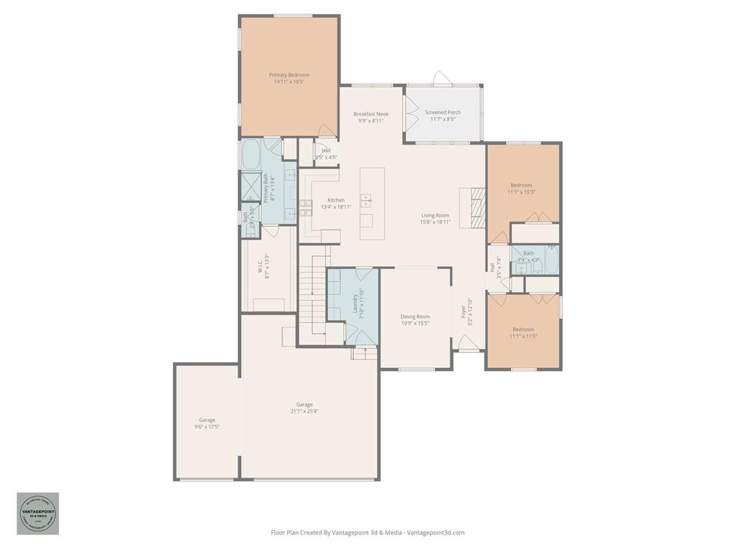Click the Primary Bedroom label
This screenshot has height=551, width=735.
pyautogui.click(x=289, y=75)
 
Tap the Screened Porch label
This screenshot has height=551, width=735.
pyautogui.click(x=443, y=113)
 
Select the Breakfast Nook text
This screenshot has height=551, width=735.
pyautogui.click(x=371, y=114)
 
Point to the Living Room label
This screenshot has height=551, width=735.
pyautogui.click(x=435, y=215)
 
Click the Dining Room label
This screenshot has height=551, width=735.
pyautogui.click(x=416, y=316)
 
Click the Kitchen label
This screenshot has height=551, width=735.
pyautogui.click(x=336, y=200)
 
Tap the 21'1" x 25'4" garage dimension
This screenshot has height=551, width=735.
pyautogui.click(x=304, y=411)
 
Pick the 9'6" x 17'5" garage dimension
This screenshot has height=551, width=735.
pyautogui.click(x=207, y=427)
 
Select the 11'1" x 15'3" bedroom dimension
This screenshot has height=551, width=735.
pyautogui.click(x=522, y=192)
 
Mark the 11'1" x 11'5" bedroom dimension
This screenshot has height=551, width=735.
pyautogui.click(x=523, y=336)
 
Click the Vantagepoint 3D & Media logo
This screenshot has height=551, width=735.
pyautogui.click(x=38, y=513)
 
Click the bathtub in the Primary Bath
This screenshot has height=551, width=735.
pyautogui.click(x=251, y=154)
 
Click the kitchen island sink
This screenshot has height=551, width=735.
pyautogui.click(x=366, y=200)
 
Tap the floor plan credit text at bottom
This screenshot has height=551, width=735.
pyautogui.click(x=367, y=532)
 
